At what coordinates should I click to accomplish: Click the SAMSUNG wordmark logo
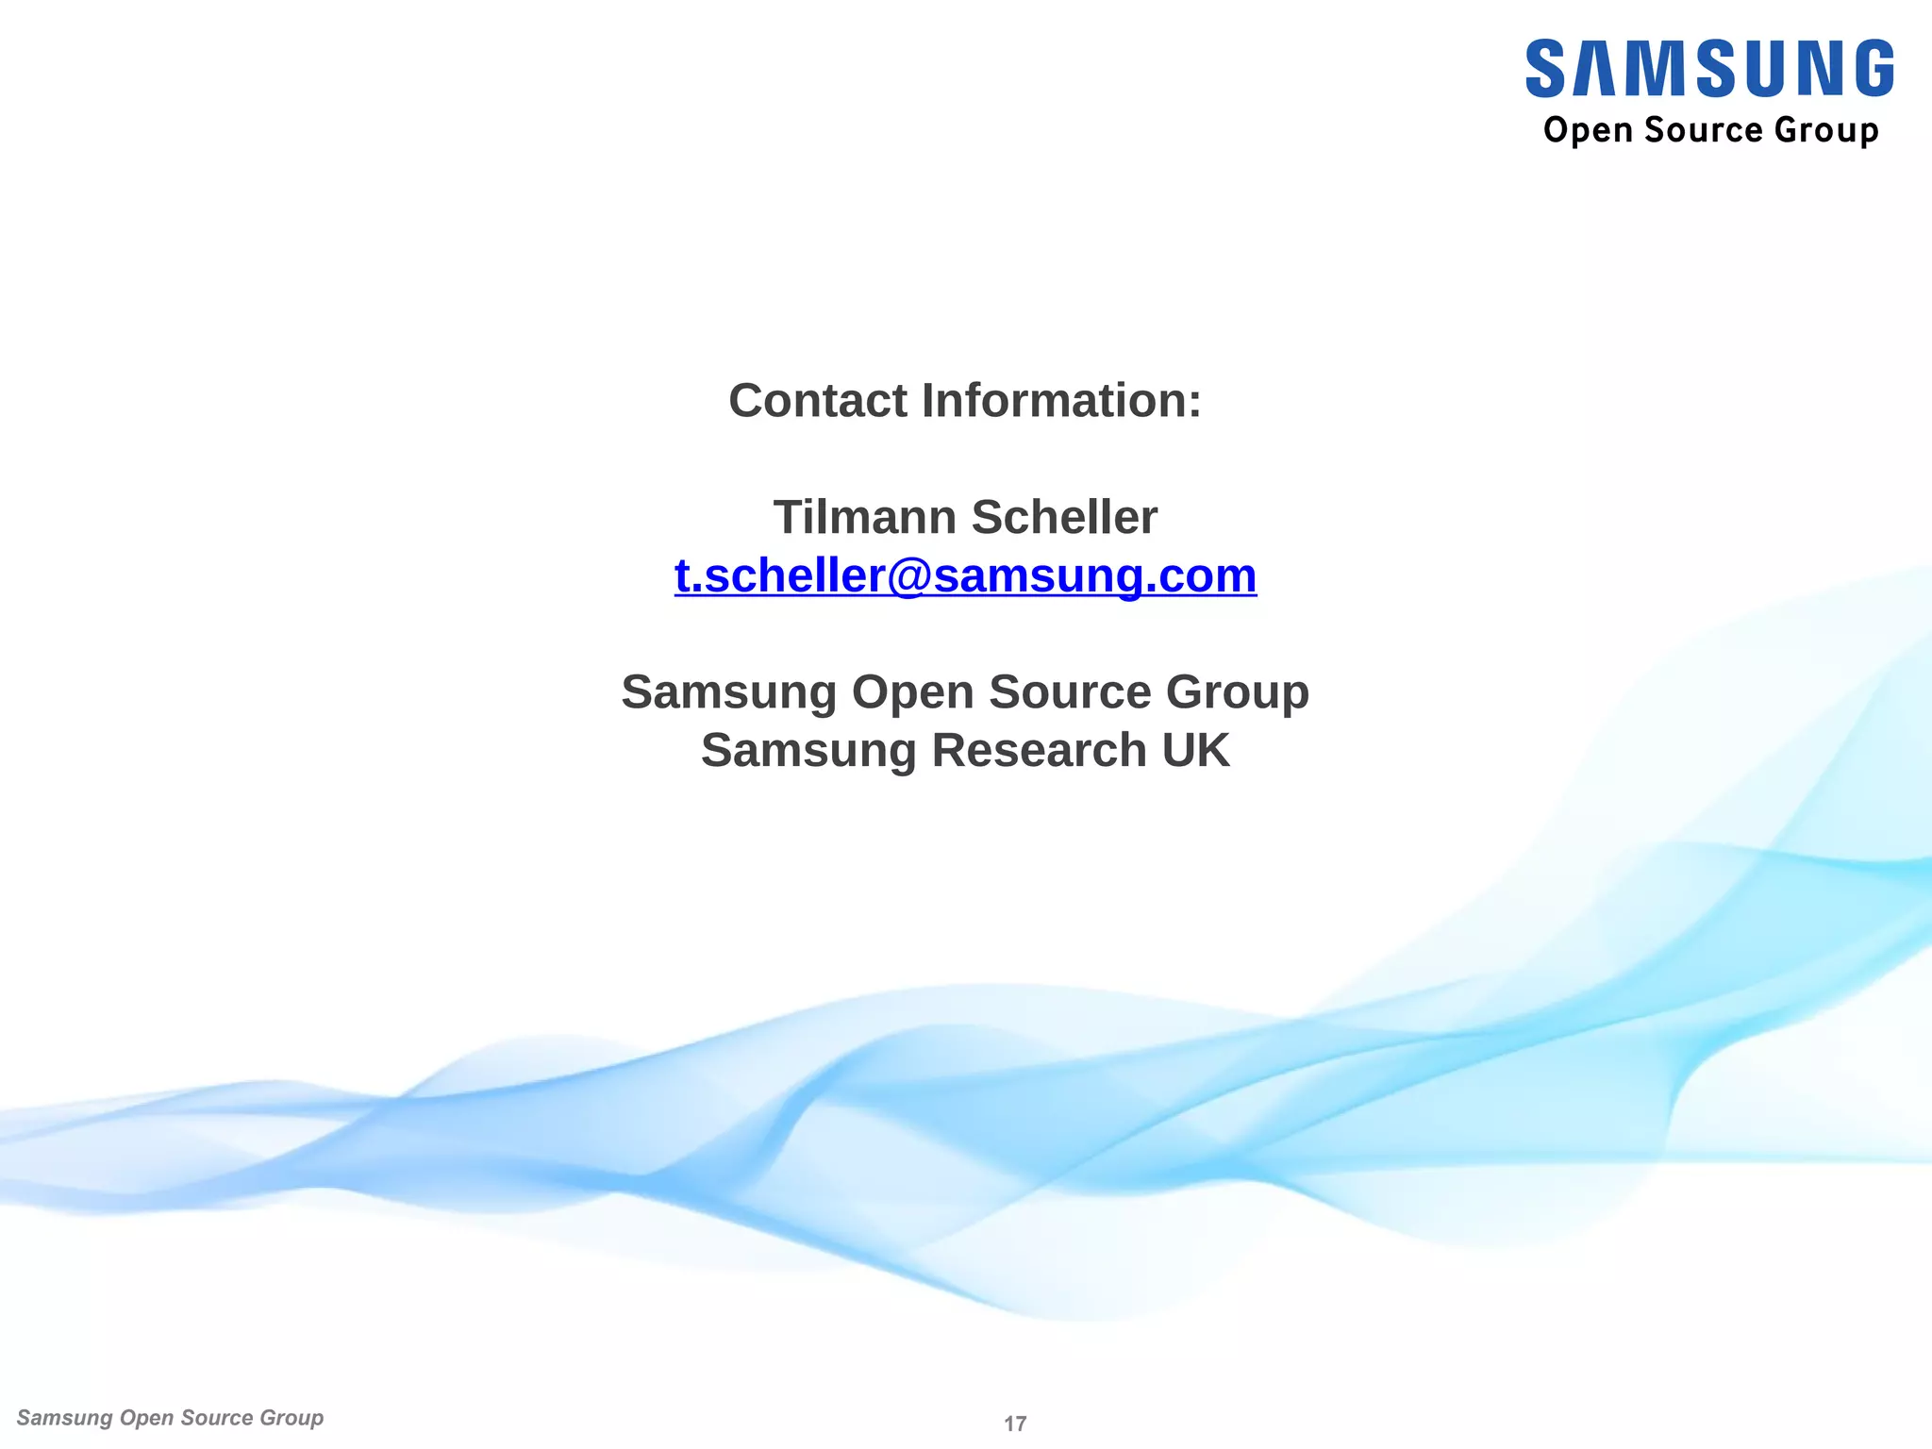click(x=1708, y=68)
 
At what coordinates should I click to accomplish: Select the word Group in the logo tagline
click(x=1825, y=131)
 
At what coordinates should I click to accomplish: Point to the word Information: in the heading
click(x=1061, y=401)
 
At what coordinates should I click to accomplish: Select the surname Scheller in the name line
click(x=1063, y=517)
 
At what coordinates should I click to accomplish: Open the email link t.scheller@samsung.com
click(x=965, y=575)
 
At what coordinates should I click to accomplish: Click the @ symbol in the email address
click(x=908, y=576)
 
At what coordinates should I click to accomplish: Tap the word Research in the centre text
click(x=1039, y=751)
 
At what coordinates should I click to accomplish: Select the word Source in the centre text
click(x=1069, y=692)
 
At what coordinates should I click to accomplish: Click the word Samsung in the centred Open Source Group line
click(x=728, y=692)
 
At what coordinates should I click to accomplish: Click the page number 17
click(x=1015, y=1424)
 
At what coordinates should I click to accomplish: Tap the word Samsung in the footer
click(x=64, y=1418)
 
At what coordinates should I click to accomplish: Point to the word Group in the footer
click(x=291, y=1418)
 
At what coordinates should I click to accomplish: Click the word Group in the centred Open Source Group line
click(x=1237, y=692)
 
